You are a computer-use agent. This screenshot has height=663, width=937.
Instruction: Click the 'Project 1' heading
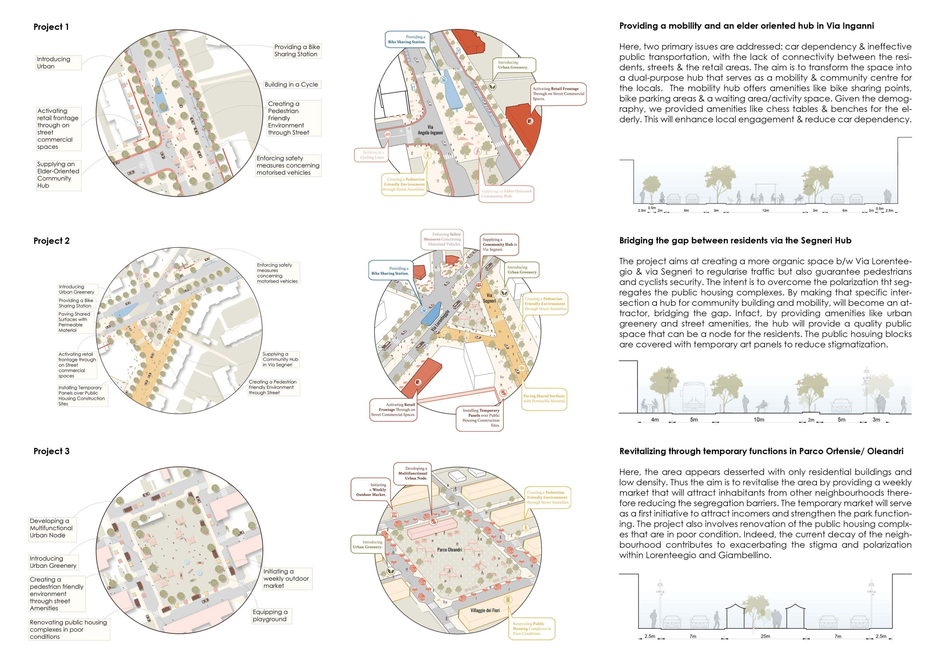coord(51,27)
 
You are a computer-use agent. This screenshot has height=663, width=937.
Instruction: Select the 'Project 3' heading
coord(51,451)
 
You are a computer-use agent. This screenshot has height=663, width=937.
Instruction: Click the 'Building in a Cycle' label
coord(291,84)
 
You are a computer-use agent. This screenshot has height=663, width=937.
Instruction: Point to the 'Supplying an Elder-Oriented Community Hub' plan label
coord(58,175)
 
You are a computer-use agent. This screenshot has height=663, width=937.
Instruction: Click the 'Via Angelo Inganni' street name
coord(430,130)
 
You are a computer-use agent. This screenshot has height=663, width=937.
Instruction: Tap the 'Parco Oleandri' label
coord(449,550)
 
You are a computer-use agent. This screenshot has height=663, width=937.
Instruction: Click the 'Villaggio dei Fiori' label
coord(485,610)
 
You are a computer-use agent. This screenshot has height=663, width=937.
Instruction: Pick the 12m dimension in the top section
coord(765,211)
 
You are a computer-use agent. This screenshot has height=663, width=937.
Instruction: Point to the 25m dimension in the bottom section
coord(765,636)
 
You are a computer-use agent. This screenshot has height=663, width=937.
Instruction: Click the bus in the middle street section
coord(694,396)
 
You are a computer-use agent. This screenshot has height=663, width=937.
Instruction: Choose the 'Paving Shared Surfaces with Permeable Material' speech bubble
coord(544,398)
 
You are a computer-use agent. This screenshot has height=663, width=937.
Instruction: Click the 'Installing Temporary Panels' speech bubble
coord(480,417)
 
